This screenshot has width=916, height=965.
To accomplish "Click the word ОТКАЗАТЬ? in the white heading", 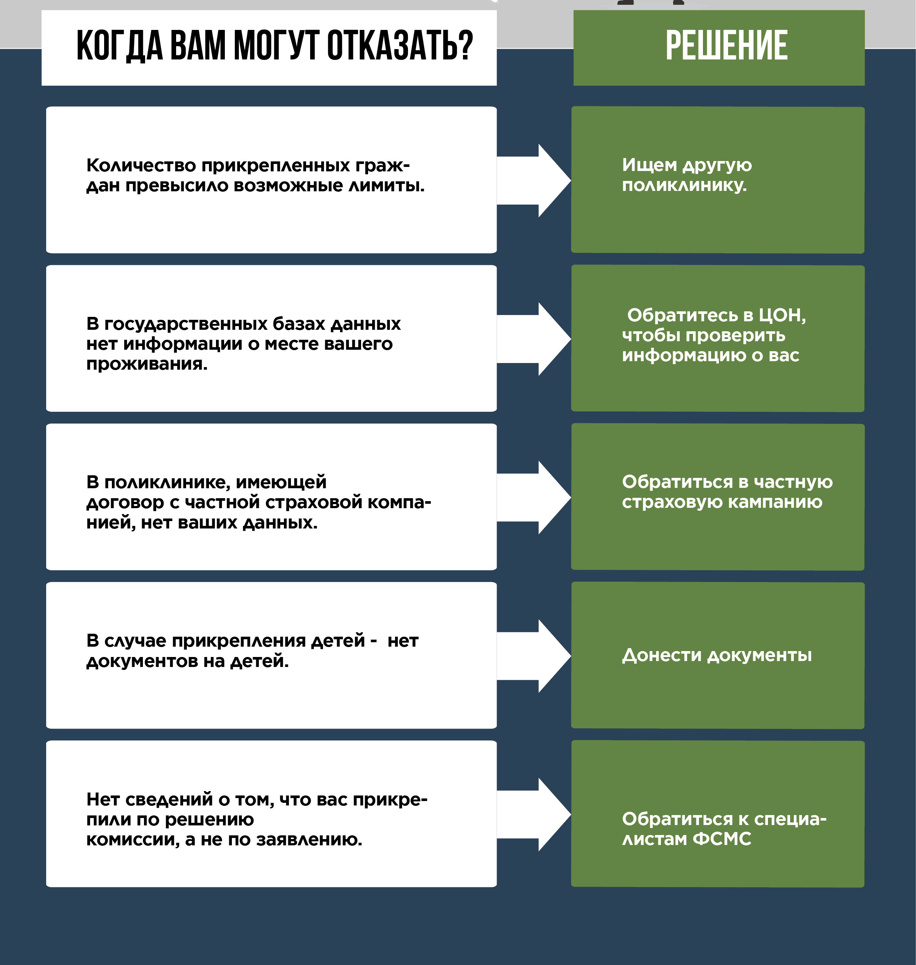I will point(399,45).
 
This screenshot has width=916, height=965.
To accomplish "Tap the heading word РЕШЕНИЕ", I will point(726,45).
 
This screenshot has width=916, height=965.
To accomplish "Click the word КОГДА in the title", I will point(120,45).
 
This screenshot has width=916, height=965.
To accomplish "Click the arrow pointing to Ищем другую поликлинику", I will point(535,180).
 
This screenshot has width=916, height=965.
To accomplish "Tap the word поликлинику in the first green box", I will point(683,185).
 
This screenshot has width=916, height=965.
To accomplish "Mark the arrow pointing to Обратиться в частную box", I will point(535,497).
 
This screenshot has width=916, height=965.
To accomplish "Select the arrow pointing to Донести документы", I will point(535,656).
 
